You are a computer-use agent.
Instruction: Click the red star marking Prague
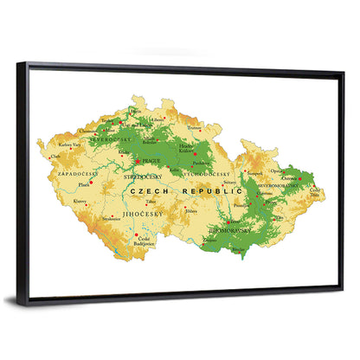coord(137,161)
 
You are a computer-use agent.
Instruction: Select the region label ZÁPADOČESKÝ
coord(76,174)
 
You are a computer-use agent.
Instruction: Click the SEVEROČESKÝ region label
coord(110,138)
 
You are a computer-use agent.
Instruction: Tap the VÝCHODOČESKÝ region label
coord(202,174)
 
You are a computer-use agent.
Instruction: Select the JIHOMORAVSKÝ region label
coord(229,231)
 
